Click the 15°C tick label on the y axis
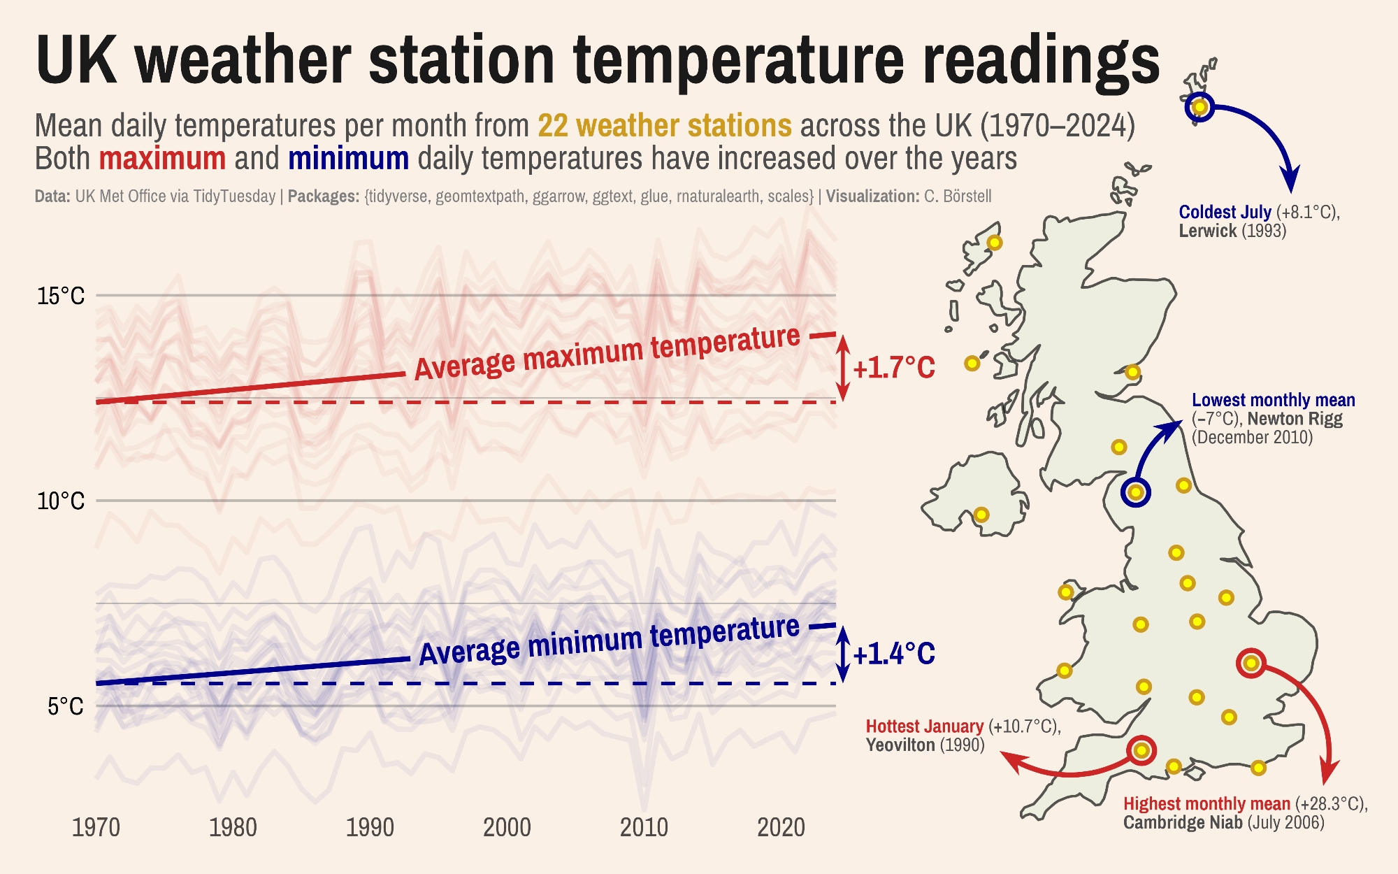[x=60, y=296]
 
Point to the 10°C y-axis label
[x=60, y=501]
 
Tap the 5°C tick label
[x=65, y=706]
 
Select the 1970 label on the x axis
[x=96, y=828]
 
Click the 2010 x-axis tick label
[x=644, y=828]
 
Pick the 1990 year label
[x=370, y=828]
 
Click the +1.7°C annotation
[x=893, y=368]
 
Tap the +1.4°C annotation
[x=893, y=654]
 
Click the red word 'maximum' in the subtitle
[x=162, y=159]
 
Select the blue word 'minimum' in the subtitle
[x=348, y=159]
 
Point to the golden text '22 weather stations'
[x=664, y=126]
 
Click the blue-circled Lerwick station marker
[x=1199, y=107]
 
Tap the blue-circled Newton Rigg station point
[x=1136, y=492]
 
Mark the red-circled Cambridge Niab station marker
[x=1251, y=663]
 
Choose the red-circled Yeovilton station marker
[x=1141, y=750]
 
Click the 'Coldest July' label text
[x=1225, y=212]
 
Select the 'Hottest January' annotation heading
[x=924, y=726]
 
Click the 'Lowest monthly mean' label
[x=1273, y=400]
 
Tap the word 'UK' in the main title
[x=75, y=60]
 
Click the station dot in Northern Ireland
[x=981, y=515]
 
